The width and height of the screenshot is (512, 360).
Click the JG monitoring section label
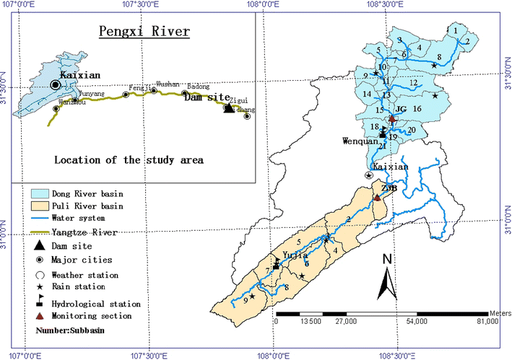[402, 109]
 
